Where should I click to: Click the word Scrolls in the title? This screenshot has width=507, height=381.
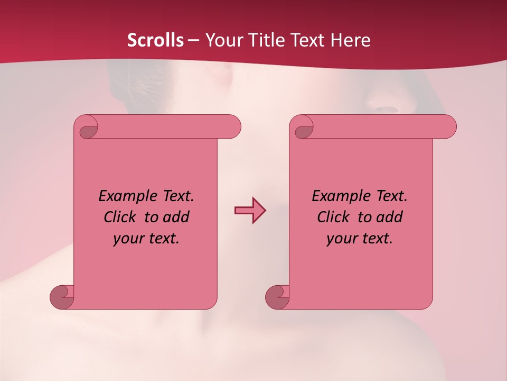(155, 40)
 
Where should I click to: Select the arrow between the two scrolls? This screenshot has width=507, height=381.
(250, 211)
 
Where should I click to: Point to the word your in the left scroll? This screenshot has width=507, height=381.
(128, 239)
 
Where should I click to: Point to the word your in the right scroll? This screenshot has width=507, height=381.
(341, 239)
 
